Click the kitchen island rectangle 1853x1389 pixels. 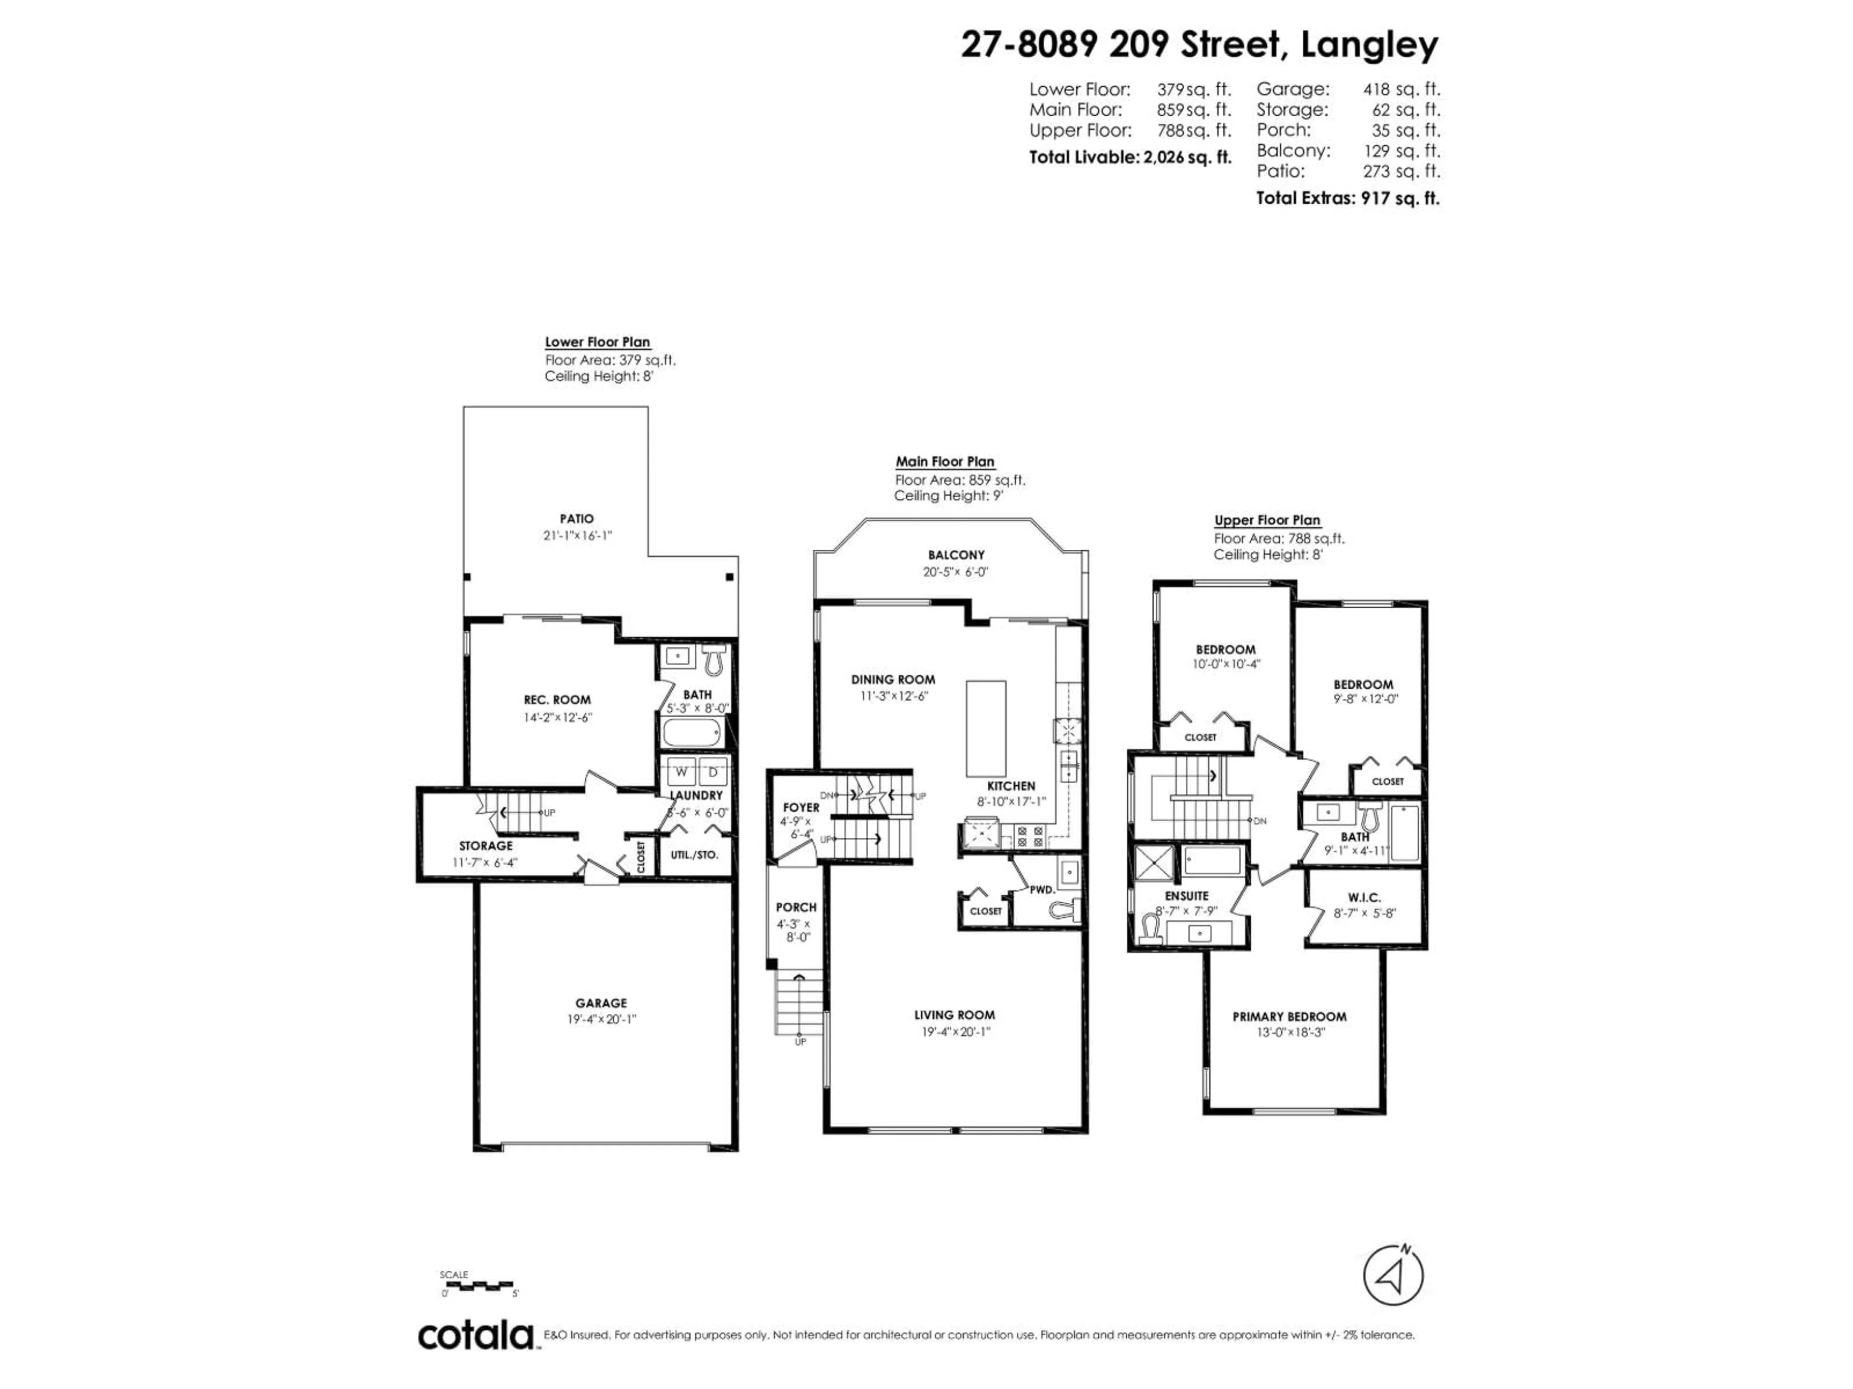(986, 728)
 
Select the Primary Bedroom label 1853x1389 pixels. (1289, 1016)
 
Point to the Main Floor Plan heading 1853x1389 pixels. (945, 462)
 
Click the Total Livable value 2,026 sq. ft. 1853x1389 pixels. (1187, 157)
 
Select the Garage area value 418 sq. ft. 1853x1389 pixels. (1401, 89)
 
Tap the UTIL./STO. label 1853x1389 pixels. (694, 855)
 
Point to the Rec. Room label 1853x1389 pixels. (557, 700)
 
